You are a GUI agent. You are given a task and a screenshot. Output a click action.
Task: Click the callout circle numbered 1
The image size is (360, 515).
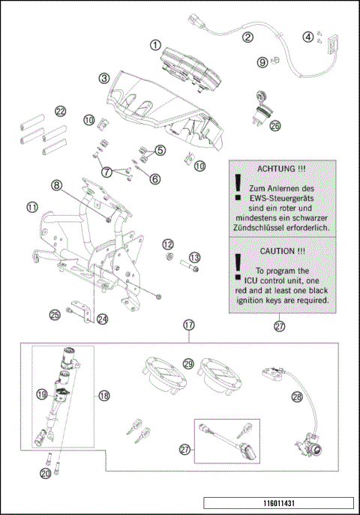[x=155, y=45]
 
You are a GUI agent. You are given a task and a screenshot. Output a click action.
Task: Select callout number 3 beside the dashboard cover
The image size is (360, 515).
[x=105, y=77]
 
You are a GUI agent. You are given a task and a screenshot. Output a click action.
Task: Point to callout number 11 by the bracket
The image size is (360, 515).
[x=31, y=206]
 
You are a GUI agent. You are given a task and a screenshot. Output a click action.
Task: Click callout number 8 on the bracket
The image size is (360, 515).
[x=56, y=184]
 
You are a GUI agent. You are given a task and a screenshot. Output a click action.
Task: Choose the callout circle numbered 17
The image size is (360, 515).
[x=188, y=325]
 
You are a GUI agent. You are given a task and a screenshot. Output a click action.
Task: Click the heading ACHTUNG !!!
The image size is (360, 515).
[x=281, y=170]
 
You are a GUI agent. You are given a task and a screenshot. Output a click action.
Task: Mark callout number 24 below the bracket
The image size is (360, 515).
[x=103, y=319]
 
